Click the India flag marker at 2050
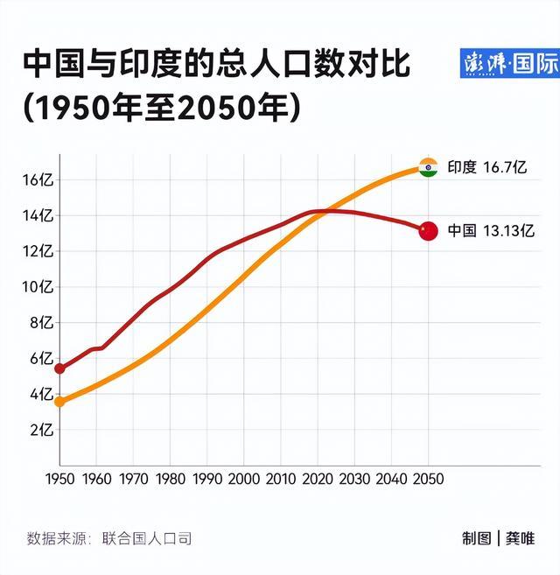(428, 167)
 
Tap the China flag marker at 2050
(428, 231)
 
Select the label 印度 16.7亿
(486, 167)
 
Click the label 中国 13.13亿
(490, 231)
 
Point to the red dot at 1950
(59, 368)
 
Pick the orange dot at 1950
(59, 402)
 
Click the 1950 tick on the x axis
(59, 480)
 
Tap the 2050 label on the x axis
(429, 480)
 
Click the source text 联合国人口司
(146, 538)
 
